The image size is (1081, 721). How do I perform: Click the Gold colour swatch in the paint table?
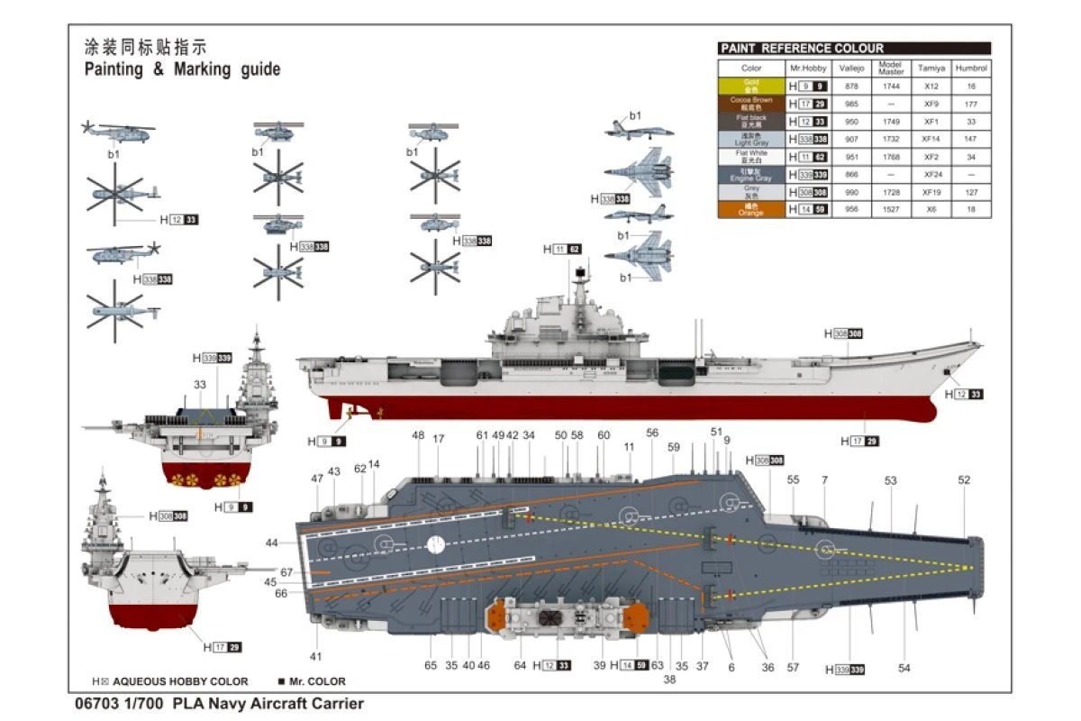point(751,86)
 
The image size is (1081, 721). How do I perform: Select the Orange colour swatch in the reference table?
point(751,209)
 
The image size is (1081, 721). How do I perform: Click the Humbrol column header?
point(971,68)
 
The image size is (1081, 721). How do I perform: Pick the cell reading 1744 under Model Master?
point(891,86)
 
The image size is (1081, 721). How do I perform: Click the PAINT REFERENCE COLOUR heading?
point(801,49)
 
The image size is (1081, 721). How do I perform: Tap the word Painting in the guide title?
point(114,69)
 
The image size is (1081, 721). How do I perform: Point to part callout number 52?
point(964,480)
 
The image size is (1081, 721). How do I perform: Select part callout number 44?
point(272,543)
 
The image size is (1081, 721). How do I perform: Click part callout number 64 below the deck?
point(520,666)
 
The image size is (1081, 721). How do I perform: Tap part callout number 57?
point(793,667)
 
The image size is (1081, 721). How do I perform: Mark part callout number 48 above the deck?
point(418,436)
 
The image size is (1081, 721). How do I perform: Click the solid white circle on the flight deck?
point(435,544)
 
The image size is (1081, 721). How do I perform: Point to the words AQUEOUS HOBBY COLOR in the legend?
point(180,681)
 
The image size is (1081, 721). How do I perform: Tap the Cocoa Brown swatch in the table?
point(751,104)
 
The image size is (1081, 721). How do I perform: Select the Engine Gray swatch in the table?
point(751,174)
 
